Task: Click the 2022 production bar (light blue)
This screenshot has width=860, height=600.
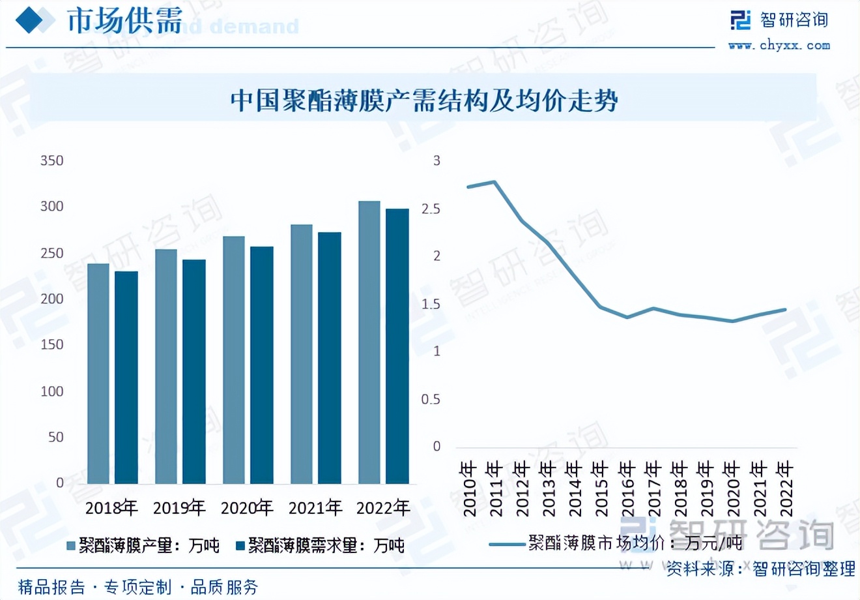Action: (x=369, y=342)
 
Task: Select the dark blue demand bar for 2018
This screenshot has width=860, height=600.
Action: (x=126, y=377)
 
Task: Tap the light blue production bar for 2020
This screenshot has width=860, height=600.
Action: (x=234, y=360)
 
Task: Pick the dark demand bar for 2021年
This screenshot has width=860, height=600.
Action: (x=329, y=357)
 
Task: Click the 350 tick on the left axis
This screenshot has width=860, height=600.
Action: (x=51, y=160)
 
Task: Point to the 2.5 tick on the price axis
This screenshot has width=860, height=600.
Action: (x=431, y=209)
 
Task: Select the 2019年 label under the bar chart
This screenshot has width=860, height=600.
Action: (x=179, y=507)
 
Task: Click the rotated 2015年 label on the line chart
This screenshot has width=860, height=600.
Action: (x=599, y=488)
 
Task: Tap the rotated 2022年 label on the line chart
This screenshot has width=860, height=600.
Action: (x=786, y=488)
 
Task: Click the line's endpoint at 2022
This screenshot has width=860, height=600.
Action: (x=785, y=310)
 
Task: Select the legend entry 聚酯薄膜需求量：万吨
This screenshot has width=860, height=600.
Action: (x=319, y=545)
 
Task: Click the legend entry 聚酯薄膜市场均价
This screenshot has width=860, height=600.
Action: (x=616, y=543)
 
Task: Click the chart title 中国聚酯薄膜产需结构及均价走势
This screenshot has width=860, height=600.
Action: (x=423, y=101)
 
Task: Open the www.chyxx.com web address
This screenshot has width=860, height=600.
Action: (x=779, y=45)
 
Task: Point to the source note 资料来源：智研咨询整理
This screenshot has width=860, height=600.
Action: (x=760, y=569)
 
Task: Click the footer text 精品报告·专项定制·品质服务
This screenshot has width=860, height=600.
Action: (x=138, y=586)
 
